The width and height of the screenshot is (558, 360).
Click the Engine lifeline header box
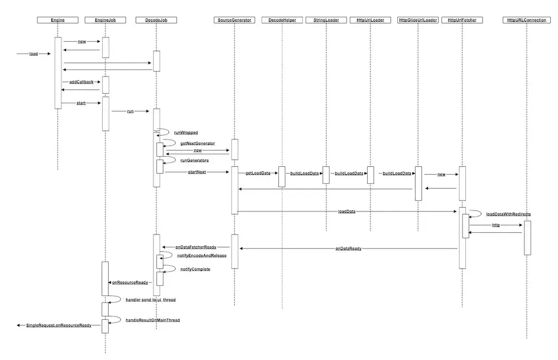58,20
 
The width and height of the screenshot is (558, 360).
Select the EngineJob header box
105,20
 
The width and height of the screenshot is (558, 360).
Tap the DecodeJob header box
156,20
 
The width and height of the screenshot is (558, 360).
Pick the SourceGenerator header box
234,20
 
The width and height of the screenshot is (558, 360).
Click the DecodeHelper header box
282,20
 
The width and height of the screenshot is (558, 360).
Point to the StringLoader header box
325,20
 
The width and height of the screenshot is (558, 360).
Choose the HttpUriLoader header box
370,20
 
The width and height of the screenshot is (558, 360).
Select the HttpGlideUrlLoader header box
418,20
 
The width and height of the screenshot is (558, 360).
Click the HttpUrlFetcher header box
461,20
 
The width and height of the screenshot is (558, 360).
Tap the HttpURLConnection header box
526,20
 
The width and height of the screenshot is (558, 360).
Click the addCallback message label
81,82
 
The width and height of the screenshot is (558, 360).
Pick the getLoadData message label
258,174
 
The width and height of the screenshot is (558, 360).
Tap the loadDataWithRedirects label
508,214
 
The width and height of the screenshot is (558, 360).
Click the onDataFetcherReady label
196,247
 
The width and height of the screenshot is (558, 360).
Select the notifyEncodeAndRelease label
202,256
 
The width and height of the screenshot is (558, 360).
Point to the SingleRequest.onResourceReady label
59,325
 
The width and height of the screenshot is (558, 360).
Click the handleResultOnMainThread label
153,320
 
